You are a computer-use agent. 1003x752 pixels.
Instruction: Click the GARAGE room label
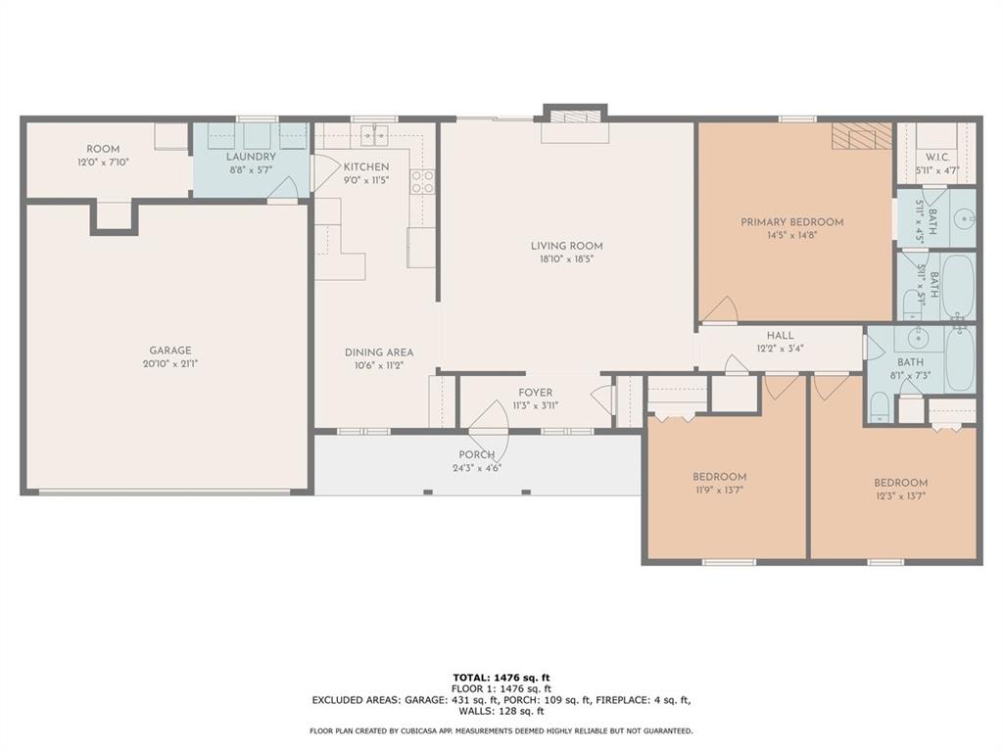(170, 351)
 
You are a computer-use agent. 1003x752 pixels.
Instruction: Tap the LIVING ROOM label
(567, 246)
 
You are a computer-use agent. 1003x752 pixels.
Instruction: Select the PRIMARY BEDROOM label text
(791, 222)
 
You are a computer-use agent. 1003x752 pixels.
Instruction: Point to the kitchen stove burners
(422, 181)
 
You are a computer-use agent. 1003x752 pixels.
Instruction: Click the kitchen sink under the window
(374, 135)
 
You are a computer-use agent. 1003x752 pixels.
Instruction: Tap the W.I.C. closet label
(937, 158)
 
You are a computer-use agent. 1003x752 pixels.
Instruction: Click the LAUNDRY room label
(251, 157)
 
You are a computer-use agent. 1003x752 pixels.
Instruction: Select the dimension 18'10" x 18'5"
(567, 258)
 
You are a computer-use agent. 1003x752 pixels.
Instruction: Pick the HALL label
(780, 335)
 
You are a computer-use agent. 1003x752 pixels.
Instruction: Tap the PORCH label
(477, 454)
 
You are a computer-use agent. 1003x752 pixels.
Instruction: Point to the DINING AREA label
(379, 352)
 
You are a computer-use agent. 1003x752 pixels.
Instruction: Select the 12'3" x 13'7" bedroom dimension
(901, 495)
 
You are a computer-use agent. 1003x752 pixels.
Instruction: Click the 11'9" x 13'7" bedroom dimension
(719, 491)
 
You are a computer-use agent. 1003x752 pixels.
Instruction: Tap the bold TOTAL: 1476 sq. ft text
(501, 678)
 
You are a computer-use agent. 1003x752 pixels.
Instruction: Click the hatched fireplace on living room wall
(575, 117)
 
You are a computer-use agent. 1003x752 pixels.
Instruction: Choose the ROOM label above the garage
(103, 149)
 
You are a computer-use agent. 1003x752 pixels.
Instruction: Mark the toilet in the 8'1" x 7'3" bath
(880, 407)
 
